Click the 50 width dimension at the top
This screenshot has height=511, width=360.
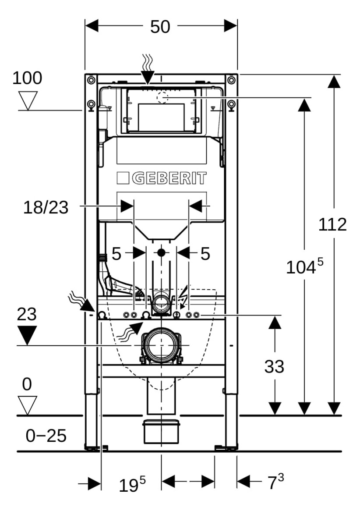pyautogui.click(x=160, y=27)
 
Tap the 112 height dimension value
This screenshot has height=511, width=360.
pyautogui.click(x=332, y=224)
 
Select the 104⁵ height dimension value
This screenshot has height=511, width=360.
pyautogui.click(x=305, y=266)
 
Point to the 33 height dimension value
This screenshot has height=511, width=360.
pyautogui.click(x=274, y=367)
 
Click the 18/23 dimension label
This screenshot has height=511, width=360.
pyautogui.click(x=46, y=207)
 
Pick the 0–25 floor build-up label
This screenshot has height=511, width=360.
pyautogui.click(x=46, y=436)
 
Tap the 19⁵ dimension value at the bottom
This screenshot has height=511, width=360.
pyautogui.click(x=132, y=485)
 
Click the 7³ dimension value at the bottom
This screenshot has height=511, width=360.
pyautogui.click(x=275, y=482)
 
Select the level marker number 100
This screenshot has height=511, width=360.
pyautogui.click(x=27, y=78)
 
